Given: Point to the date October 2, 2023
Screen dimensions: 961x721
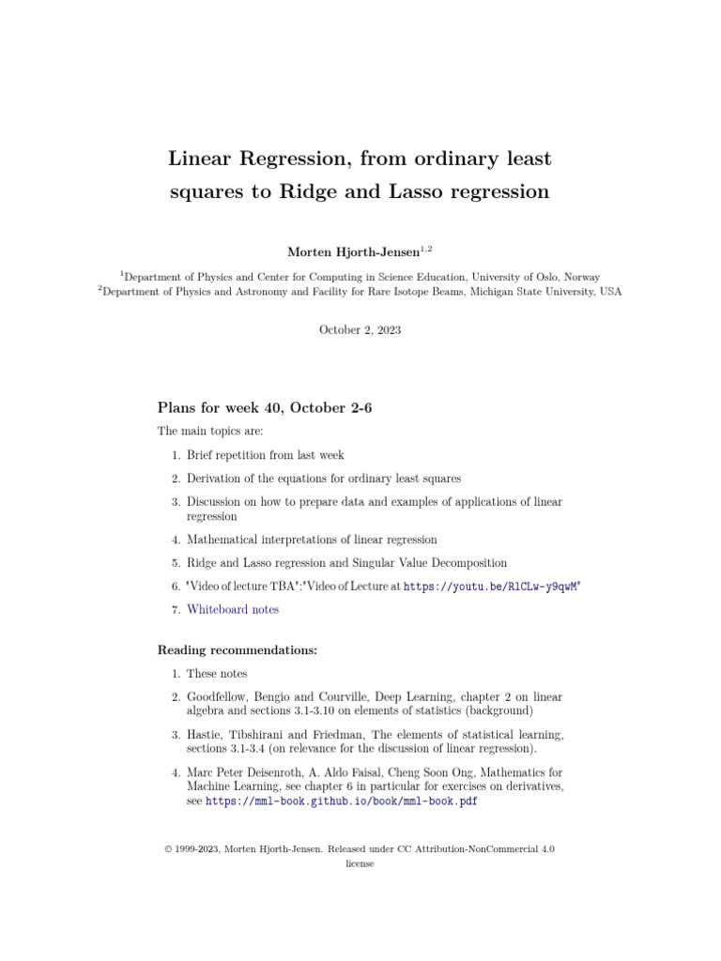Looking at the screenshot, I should click(x=360, y=329).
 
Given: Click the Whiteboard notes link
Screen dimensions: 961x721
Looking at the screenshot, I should click(x=233, y=609).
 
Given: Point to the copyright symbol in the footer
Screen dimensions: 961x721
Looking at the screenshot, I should click(x=168, y=848).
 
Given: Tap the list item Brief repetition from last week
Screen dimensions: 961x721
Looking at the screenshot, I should click(x=266, y=455).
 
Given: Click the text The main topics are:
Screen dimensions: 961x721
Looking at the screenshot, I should click(x=210, y=432).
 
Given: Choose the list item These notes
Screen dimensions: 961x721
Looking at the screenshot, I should click(x=217, y=674).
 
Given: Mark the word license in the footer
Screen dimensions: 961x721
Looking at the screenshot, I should click(x=360, y=863).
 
